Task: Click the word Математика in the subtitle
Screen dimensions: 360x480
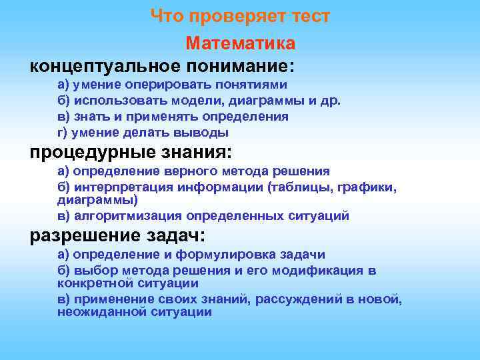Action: pos(240,43)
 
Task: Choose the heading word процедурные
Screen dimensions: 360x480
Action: pos(91,151)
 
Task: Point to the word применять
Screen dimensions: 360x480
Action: pos(150,117)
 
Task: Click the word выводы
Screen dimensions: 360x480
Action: pos(195,133)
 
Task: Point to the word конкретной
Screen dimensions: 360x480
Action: pos(91,282)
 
